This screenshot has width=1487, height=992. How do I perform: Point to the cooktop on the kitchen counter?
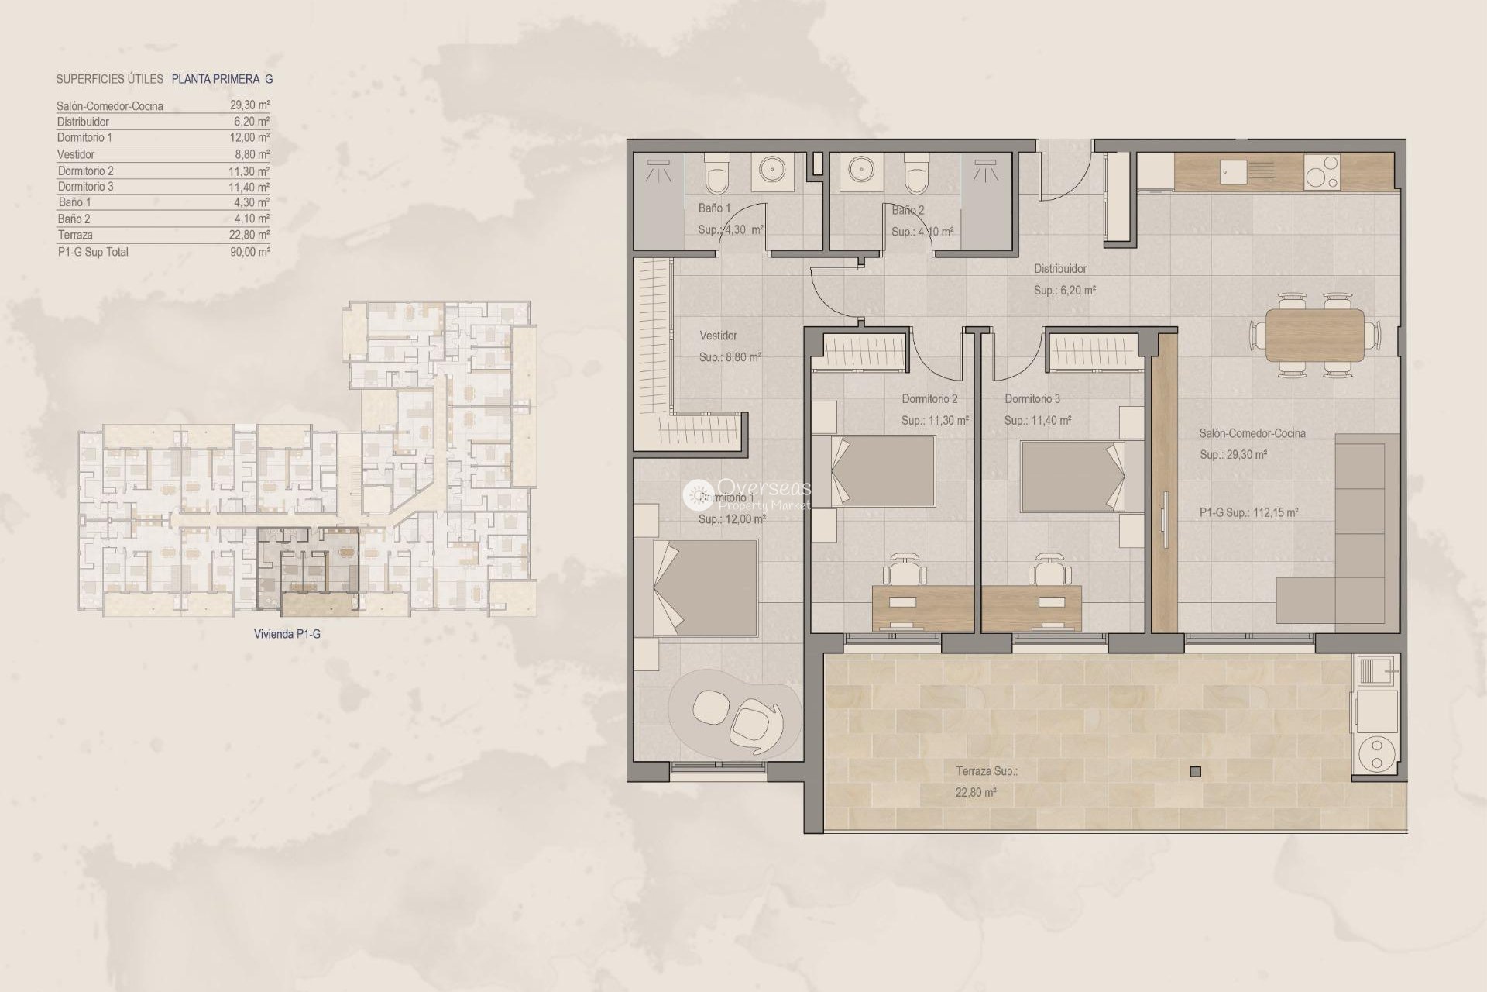pos(1322,173)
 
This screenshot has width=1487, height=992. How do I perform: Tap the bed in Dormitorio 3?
pos(1073,476)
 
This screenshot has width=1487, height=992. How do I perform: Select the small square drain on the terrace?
pos(1195,771)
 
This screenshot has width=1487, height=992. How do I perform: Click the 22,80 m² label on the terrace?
pos(975,792)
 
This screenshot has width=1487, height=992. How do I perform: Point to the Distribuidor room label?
pos(1059,269)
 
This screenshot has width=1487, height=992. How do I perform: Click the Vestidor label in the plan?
pos(718,336)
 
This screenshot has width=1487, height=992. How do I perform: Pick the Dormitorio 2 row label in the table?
pos(85,170)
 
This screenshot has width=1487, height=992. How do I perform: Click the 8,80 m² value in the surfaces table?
pos(252,154)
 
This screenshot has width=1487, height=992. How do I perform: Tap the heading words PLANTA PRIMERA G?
pos(222,79)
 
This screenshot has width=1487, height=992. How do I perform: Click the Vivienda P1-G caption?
pos(287,634)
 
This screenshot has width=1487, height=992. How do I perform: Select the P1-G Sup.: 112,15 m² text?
pos(1248,512)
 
